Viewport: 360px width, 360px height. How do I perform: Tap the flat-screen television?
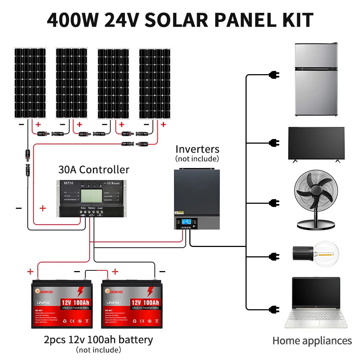tap(316, 143)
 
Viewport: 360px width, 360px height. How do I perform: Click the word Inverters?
tap(197, 149)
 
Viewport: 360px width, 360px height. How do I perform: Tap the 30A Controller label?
tap(94, 169)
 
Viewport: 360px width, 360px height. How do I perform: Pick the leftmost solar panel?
tap(30, 83)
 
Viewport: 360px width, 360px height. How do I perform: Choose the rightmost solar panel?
tap(155, 83)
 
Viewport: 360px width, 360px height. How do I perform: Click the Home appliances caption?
tap(312, 341)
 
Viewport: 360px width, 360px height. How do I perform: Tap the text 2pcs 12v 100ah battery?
tap(98, 339)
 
